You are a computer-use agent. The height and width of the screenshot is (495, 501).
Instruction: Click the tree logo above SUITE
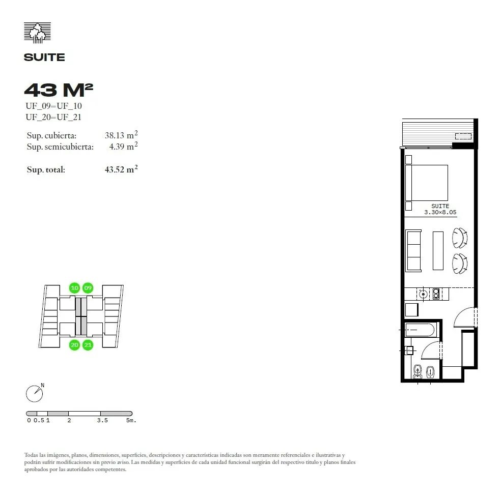click(37, 33)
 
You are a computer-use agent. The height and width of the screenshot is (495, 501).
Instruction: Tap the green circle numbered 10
click(74, 288)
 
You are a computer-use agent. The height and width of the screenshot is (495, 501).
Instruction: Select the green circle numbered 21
click(88, 345)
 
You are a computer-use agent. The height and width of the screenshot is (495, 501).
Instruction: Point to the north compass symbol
click(35, 393)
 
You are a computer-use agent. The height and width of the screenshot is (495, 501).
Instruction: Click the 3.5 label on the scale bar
click(102, 420)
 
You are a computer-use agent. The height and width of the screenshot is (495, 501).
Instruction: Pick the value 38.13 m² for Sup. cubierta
click(121, 135)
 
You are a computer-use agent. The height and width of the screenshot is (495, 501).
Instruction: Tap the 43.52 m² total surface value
click(121, 169)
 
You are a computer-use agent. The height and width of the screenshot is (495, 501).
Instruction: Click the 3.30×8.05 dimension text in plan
click(440, 212)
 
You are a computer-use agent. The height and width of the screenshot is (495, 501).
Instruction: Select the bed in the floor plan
click(427, 183)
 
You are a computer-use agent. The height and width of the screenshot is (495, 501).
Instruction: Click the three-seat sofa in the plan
click(413, 251)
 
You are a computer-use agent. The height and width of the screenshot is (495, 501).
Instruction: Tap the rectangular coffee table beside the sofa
click(438, 251)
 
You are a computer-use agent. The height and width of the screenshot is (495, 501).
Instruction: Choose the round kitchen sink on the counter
click(424, 294)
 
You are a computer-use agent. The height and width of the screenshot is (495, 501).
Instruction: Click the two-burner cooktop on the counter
click(436, 294)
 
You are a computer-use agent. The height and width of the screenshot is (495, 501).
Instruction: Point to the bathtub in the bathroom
click(420, 330)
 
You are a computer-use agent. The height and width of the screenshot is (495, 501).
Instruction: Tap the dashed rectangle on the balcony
click(463, 136)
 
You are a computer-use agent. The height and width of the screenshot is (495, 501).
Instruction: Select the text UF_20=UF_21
click(53, 117)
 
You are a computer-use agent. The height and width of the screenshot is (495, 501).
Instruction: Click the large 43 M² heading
click(59, 90)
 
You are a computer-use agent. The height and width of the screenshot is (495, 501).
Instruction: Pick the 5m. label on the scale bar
click(131, 420)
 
